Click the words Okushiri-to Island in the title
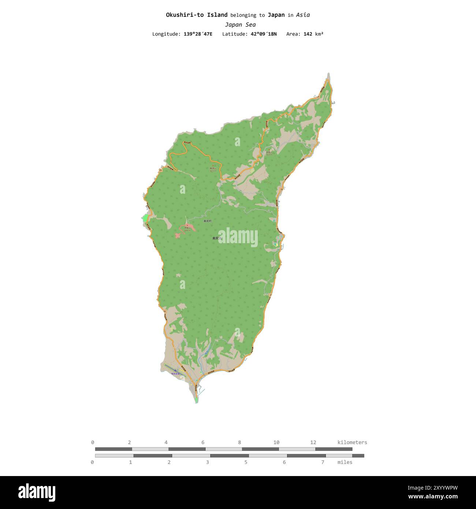tap(197, 15)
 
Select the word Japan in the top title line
tap(276, 15)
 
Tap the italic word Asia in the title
tap(303, 15)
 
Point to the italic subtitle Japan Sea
tap(240, 25)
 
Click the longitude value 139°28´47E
tap(198, 34)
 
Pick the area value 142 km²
tap(313, 34)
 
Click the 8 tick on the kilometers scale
tap(239, 442)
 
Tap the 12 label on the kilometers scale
tap(313, 442)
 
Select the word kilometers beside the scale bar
tap(352, 442)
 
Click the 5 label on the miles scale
tap(246, 462)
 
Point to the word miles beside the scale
tap(345, 462)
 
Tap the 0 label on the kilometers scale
tap(93, 442)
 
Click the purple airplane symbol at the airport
tap(175, 370)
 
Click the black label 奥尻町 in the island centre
tap(208, 221)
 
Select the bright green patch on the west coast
tap(145, 219)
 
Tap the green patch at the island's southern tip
tap(197, 400)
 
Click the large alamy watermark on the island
tap(238, 237)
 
